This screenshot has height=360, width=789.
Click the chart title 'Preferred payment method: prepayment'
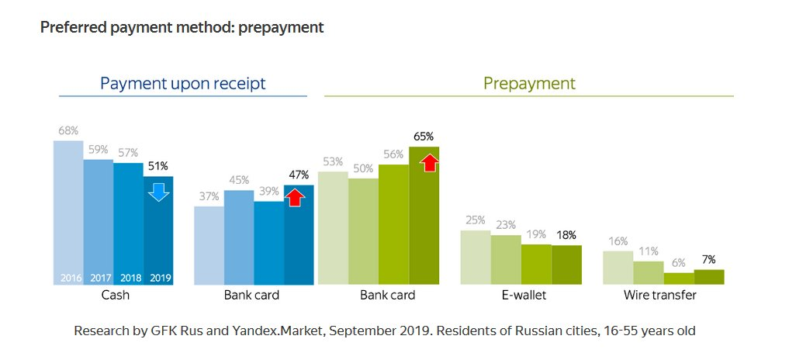[x=182, y=28]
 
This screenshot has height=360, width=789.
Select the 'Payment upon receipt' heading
[x=183, y=83]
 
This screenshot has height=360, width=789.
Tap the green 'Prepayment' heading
[x=529, y=83]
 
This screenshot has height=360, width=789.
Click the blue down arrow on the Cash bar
[x=158, y=192]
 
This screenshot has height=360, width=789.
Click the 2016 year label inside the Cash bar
[x=67, y=278]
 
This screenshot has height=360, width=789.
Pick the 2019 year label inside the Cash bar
[x=158, y=278]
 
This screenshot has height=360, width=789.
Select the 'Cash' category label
[x=115, y=296]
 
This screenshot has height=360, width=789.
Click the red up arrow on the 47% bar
[x=296, y=197]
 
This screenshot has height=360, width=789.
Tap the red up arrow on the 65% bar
[x=431, y=163]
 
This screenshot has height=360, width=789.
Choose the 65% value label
[x=424, y=137]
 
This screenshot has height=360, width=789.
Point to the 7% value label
[x=709, y=259]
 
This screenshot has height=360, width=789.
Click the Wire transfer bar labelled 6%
[x=679, y=279]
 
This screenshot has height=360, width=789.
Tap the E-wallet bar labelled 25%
[x=476, y=258]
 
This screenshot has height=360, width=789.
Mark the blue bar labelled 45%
[x=239, y=237]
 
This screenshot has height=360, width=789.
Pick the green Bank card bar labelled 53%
[x=334, y=228]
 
